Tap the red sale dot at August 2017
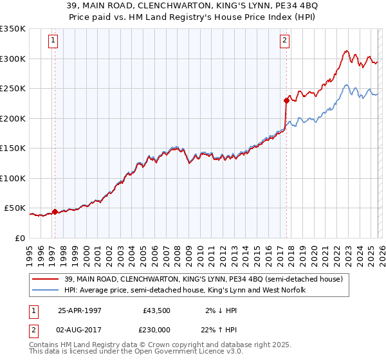286,100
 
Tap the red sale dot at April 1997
55,212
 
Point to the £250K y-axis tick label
13,88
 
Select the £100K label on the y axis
13,178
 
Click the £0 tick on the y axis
19,238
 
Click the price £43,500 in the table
156,310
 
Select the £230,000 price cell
156,328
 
